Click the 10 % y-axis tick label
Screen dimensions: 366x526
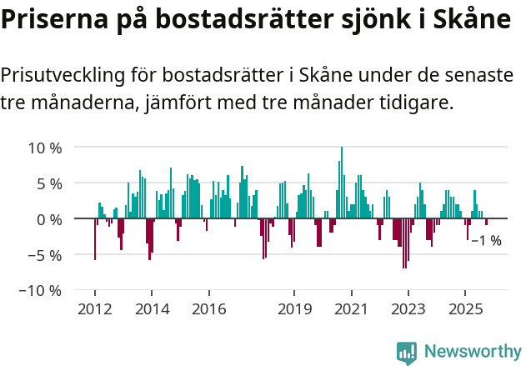(46, 148)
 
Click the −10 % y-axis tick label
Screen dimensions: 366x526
(42, 291)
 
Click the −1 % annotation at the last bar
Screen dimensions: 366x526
(486, 241)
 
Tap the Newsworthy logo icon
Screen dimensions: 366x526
(407, 352)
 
